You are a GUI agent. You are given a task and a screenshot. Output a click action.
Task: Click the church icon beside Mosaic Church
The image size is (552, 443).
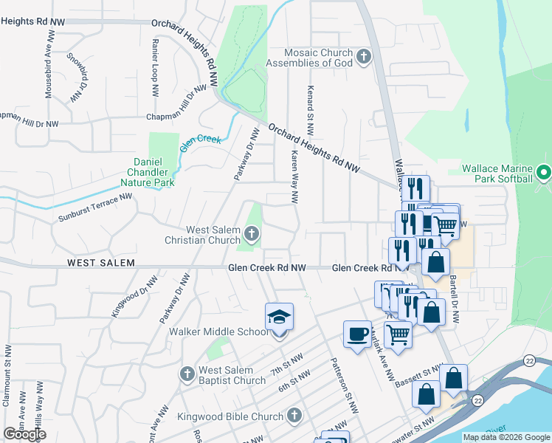363,57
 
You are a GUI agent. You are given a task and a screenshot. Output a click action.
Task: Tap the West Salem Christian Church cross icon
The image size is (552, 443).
251,236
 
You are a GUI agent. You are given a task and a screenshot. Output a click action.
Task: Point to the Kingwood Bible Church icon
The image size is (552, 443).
294,415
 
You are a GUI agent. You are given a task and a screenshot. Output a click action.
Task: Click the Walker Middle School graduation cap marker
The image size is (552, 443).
279,318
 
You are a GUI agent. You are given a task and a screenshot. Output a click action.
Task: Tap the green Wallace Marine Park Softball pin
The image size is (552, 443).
544,173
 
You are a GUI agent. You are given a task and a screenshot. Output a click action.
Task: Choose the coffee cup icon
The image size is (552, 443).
357,334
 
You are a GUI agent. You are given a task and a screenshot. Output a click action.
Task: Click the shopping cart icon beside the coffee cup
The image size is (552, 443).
398,334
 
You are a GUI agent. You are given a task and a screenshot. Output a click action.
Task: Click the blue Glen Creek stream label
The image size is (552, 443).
201,139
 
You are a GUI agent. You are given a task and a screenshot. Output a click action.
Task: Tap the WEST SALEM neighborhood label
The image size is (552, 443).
100,263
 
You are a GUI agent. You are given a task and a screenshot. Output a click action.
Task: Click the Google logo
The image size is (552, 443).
24,434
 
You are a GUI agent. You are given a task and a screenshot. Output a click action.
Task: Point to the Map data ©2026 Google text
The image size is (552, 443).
506,437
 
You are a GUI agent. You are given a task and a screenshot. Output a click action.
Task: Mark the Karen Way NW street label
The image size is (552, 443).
293,177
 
